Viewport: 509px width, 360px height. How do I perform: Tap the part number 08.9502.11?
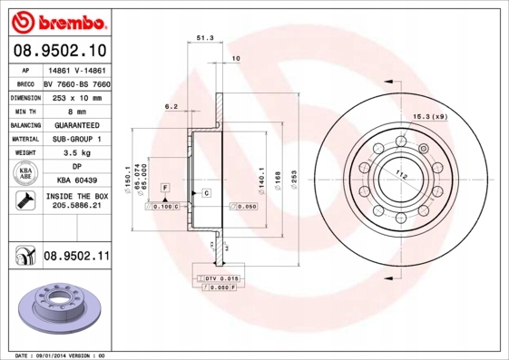(76, 257)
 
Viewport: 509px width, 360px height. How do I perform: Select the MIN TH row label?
(22, 110)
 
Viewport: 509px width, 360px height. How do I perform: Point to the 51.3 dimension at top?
(205, 39)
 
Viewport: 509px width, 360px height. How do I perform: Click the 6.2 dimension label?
(171, 106)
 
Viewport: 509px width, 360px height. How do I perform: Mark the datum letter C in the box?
(206, 193)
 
